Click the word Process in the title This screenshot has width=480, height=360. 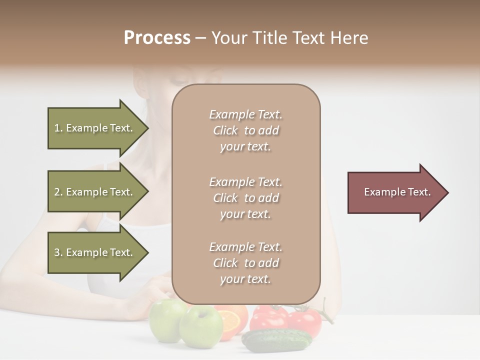coord(157,38)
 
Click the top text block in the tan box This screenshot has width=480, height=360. coord(245,130)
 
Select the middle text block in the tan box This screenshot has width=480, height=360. coord(245,198)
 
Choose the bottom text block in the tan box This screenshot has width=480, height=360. coord(245,263)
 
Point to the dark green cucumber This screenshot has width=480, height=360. coord(276,339)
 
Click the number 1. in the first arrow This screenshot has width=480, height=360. coord(58,128)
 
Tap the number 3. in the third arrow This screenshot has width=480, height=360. coord(58,252)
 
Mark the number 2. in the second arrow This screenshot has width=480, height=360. coord(58,192)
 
